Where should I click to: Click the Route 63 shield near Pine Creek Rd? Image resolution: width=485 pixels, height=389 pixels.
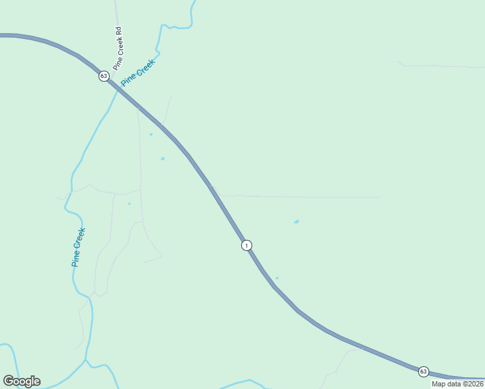(x=104, y=77)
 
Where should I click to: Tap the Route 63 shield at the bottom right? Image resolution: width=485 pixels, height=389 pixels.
(x=423, y=371)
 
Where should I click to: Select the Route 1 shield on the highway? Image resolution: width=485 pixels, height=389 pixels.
(x=246, y=245)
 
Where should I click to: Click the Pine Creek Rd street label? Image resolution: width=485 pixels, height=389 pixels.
(x=118, y=48)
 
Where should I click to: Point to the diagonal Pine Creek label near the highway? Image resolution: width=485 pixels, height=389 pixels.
(x=138, y=73)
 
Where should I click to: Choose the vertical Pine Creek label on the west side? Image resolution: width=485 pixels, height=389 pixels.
(x=78, y=247)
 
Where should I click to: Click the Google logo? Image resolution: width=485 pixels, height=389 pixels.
(x=22, y=381)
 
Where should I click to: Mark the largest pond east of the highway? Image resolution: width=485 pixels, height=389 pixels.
(x=296, y=222)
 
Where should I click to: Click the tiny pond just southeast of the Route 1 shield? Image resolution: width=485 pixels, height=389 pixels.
(x=277, y=278)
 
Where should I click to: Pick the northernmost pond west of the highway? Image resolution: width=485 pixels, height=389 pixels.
(x=151, y=134)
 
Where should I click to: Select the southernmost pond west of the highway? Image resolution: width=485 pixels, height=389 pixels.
(x=129, y=204)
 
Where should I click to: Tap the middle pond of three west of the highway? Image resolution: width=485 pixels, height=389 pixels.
(x=162, y=158)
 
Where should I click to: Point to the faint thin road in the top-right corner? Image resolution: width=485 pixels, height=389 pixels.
(x=441, y=66)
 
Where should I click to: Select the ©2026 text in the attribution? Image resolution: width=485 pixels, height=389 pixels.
(x=473, y=384)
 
